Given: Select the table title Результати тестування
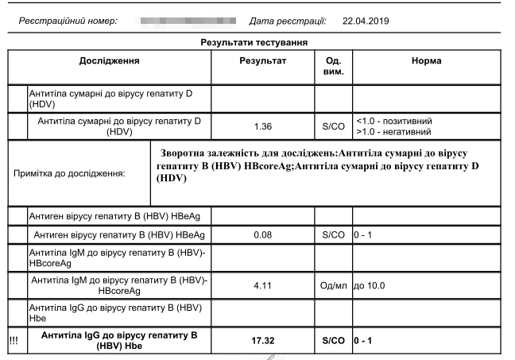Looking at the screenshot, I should (x=254, y=41).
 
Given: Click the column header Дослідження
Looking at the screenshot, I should (x=110, y=60).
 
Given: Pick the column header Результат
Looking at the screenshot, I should (x=263, y=60).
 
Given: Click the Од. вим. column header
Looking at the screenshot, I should (x=334, y=66).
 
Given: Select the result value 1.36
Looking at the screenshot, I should (x=263, y=126).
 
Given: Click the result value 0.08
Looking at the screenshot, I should (x=263, y=235).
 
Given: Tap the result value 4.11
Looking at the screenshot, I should (x=263, y=285).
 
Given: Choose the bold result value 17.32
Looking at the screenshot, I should (x=263, y=340).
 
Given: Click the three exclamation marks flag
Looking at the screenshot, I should (x=14, y=340).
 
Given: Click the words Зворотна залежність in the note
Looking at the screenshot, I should (x=209, y=151).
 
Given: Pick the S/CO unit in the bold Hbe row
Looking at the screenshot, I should (x=334, y=340).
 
